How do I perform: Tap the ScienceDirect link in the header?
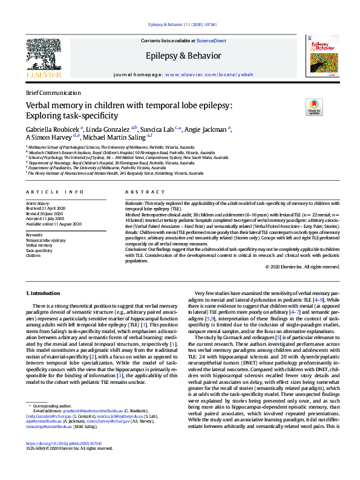tap(212, 41)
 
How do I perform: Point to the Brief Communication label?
tap(53, 92)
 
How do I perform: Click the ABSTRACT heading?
tap(141, 192)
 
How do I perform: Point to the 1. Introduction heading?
tap(43, 293)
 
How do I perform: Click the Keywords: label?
tap(34, 234)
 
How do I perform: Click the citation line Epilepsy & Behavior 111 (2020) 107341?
tap(180, 24)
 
